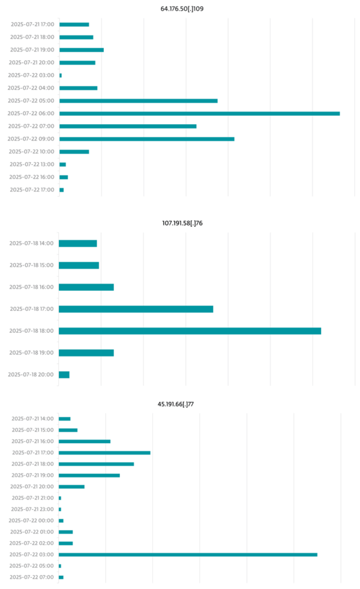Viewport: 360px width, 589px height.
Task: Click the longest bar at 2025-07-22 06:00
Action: (x=199, y=113)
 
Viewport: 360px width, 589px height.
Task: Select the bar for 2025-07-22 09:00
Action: (x=146, y=139)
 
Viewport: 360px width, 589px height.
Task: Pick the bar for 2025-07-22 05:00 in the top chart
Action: (x=138, y=101)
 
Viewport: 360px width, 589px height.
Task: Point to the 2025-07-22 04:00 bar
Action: (x=78, y=88)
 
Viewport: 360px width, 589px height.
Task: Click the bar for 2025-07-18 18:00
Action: (x=190, y=330)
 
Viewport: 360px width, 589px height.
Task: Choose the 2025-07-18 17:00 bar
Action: (x=136, y=309)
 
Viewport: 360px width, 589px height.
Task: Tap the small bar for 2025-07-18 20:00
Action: (x=64, y=374)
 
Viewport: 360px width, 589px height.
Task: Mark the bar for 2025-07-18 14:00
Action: (x=77, y=243)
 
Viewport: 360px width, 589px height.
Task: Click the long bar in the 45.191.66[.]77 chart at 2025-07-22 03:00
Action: (x=188, y=554)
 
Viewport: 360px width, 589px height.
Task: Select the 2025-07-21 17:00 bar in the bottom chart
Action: (x=104, y=452)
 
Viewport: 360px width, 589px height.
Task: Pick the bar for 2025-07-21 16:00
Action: (x=85, y=441)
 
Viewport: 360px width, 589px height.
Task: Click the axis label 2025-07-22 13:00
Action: (x=32, y=164)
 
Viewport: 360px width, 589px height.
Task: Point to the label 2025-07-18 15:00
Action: (x=31, y=265)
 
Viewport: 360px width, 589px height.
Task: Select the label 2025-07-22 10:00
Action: (x=32, y=152)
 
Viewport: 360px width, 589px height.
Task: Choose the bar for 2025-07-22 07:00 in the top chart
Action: (x=128, y=126)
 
